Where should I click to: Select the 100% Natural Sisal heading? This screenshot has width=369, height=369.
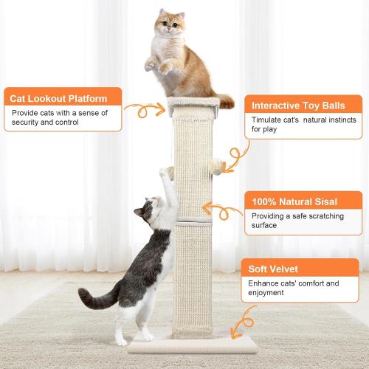(x=295, y=201)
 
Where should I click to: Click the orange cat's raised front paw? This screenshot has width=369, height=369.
(x=151, y=65)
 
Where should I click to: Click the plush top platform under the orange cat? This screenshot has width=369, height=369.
(x=193, y=108)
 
